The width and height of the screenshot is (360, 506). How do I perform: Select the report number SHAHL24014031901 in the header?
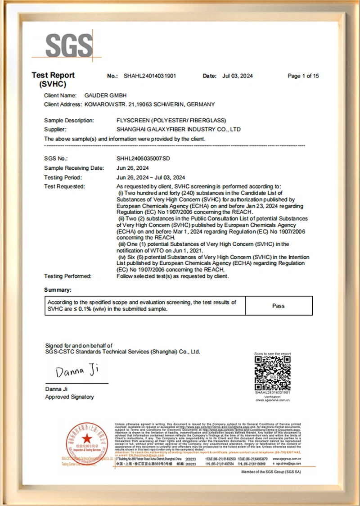[149, 76]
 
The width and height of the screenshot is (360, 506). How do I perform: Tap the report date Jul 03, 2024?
[238, 76]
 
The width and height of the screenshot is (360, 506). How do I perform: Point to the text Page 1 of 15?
[303, 76]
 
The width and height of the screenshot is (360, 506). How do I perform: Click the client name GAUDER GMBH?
[106, 95]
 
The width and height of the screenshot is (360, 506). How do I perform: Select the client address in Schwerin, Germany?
[149, 104]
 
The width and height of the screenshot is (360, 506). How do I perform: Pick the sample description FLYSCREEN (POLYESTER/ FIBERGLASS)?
[171, 121]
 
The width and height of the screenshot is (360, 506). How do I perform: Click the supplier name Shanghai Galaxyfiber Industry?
[178, 130]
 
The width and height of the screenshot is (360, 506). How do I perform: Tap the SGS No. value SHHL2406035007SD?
[143, 158]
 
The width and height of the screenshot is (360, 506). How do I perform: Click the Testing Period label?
[63, 177]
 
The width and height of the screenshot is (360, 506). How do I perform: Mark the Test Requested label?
[64, 186]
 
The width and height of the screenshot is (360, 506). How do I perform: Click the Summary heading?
[58, 290]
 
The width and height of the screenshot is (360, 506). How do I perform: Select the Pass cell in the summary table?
[278, 306]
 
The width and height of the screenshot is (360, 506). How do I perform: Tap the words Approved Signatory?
[69, 397]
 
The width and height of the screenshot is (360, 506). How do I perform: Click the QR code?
[273, 373]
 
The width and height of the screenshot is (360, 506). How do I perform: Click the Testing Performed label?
[67, 276]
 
